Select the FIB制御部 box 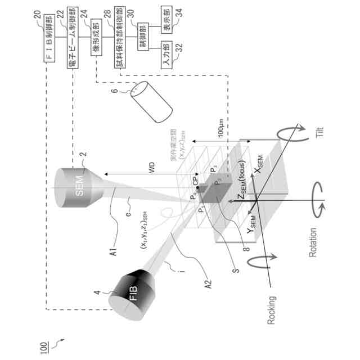[x=49, y=40]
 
